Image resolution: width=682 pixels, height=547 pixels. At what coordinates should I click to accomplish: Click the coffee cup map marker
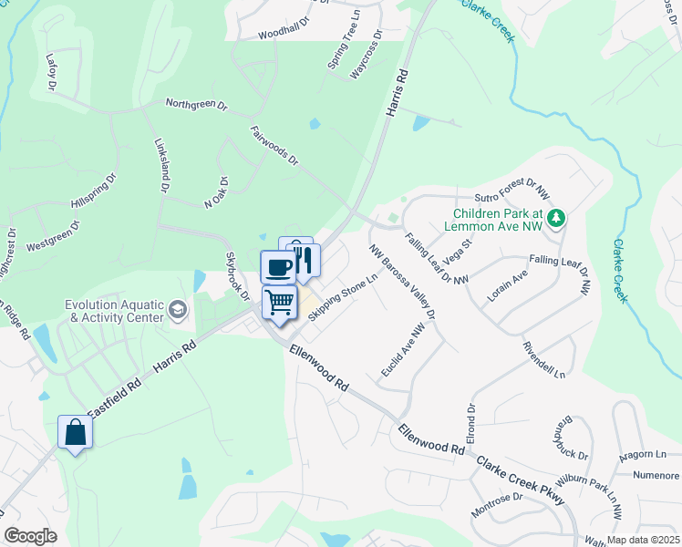pos(277,266)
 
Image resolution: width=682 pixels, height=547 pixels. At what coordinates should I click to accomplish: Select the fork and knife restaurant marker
pos(304,259)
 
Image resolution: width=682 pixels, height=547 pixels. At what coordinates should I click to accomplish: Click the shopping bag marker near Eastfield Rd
pos(75,432)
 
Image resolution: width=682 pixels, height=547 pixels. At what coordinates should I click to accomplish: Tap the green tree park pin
pos(555,218)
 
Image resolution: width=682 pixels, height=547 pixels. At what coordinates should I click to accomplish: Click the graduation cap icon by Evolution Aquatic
pos(177,313)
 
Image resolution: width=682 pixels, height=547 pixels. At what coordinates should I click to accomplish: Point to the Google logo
pos(30,536)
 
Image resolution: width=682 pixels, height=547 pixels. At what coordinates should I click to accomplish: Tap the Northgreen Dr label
pos(196,104)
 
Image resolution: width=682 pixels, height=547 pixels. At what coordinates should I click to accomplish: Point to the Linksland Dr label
pos(161,165)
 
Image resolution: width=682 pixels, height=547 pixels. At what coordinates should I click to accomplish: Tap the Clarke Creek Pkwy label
pos(526,479)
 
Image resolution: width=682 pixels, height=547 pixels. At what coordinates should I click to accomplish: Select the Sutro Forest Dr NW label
pos(511,194)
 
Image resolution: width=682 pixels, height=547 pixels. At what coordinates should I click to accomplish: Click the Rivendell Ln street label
pos(544,361)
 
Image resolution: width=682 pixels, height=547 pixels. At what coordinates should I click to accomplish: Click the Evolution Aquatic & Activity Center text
pos(114,312)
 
